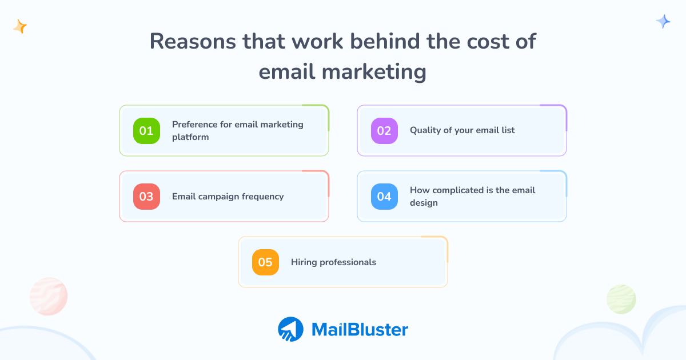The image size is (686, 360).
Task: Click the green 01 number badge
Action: point(146,131)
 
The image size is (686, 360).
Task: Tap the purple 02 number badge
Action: point(384,131)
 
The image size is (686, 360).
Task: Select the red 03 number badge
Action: point(146,197)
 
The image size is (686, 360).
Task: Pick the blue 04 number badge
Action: point(384,197)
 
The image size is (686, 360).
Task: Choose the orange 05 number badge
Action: point(265,263)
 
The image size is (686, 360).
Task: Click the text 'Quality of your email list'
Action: point(462,130)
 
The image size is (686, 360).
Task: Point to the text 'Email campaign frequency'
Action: point(228,197)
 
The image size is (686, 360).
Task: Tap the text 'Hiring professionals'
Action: point(333,262)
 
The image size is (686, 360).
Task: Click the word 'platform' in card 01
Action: point(190,137)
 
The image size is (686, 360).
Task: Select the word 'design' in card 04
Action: point(424,203)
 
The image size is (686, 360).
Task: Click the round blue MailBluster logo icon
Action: point(290,330)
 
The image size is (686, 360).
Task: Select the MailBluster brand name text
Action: point(360,330)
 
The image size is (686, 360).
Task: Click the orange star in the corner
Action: point(20,26)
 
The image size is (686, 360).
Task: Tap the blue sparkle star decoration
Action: point(663,22)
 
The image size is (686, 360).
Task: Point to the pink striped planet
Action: point(49,297)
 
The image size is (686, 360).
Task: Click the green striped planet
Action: point(621,299)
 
